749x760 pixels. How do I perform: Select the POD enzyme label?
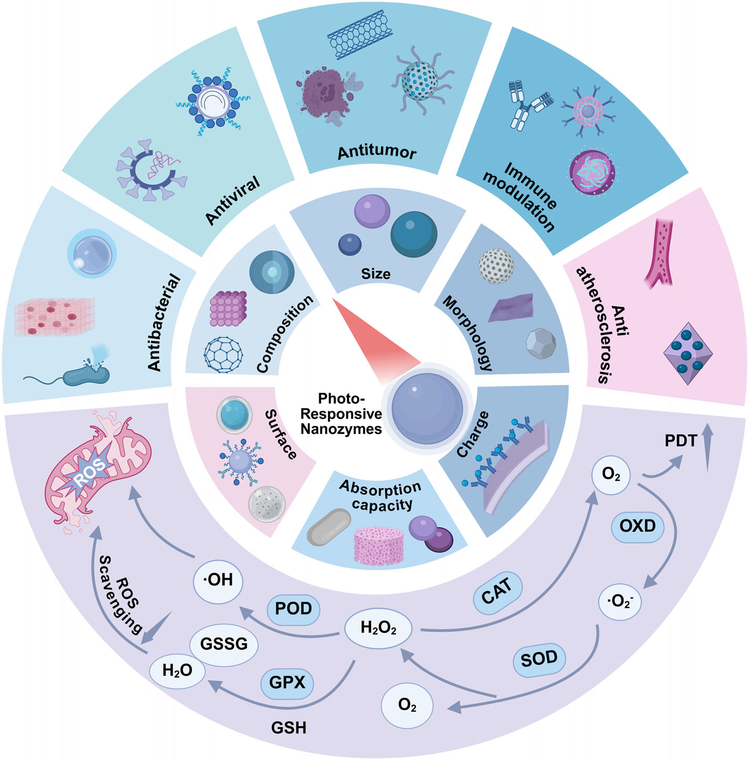293,609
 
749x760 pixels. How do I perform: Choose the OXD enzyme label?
637,525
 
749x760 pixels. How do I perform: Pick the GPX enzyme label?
287,683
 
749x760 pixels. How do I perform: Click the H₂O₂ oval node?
378,627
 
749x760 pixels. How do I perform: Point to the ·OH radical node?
218,580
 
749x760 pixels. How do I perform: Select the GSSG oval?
224,644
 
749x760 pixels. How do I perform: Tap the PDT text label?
680,441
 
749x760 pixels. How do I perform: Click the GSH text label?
289,728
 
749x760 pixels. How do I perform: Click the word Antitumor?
377,153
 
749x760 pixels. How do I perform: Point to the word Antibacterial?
163,322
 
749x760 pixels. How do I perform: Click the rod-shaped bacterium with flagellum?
87,376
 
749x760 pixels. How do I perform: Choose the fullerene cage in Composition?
223,353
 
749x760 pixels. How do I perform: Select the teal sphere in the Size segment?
414,234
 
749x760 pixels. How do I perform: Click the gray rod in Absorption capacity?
329,526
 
